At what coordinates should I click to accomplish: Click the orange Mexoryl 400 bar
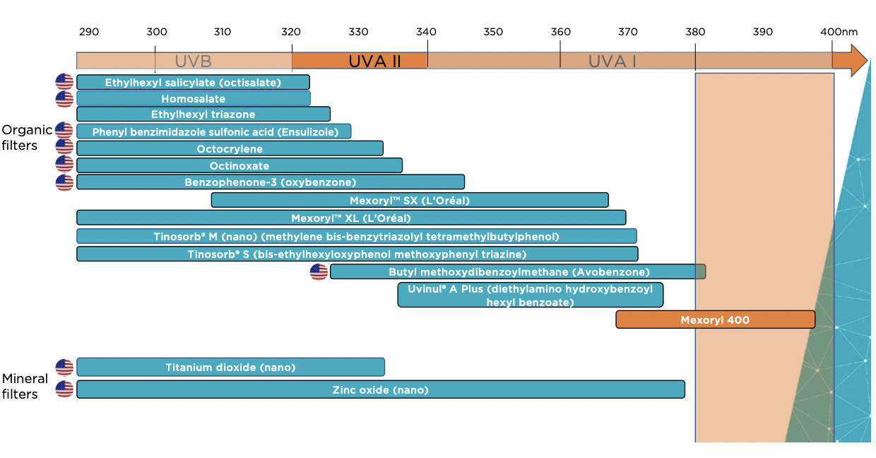click(x=715, y=319)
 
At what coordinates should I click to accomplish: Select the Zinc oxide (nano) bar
click(x=381, y=389)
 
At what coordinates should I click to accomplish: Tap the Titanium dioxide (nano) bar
click(x=230, y=368)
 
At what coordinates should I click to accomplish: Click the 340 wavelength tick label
click(x=426, y=32)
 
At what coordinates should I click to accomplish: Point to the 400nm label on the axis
click(x=839, y=32)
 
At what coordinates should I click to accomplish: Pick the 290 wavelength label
click(x=89, y=32)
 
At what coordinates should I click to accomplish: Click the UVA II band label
click(x=374, y=61)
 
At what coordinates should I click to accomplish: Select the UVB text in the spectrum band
click(x=193, y=61)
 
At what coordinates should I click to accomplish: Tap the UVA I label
click(x=612, y=61)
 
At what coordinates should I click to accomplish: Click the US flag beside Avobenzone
click(x=319, y=272)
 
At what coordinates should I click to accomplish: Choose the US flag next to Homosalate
click(x=64, y=99)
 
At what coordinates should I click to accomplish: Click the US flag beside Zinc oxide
click(x=64, y=389)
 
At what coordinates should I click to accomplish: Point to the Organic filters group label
click(x=27, y=138)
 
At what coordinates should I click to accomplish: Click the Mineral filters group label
click(x=25, y=386)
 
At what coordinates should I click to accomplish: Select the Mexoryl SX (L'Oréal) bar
click(x=410, y=200)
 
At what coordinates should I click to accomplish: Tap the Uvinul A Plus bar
click(x=531, y=295)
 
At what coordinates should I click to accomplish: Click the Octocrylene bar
click(x=230, y=148)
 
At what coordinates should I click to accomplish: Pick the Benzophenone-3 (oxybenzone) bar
click(x=271, y=182)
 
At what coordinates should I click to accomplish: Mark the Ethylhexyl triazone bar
click(x=203, y=114)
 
